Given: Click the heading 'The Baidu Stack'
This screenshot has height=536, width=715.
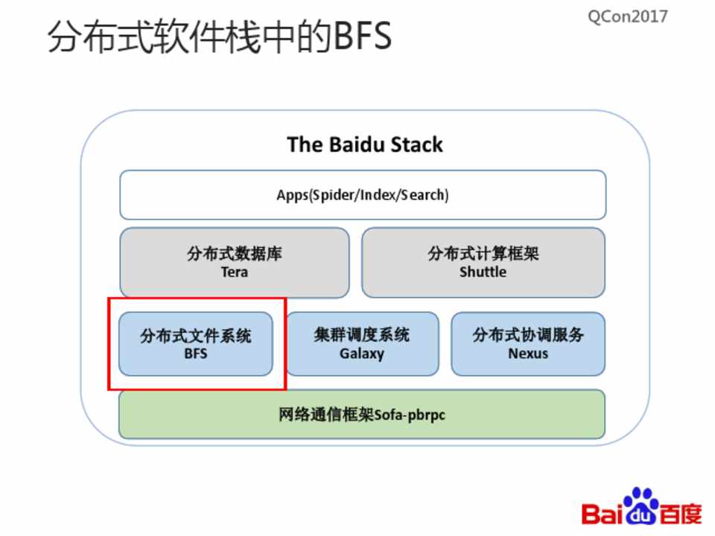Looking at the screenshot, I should (364, 144).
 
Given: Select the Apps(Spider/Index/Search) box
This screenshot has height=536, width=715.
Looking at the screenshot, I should (363, 195).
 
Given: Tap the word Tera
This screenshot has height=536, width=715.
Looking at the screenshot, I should (234, 272).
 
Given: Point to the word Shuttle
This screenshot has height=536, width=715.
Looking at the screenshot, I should (483, 272).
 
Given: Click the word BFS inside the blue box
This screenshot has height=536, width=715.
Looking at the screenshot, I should (196, 354).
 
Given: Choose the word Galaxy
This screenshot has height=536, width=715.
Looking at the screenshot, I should (362, 354).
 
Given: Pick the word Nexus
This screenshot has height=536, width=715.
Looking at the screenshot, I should (528, 354).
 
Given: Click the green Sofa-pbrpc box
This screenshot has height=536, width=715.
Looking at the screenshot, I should (362, 414).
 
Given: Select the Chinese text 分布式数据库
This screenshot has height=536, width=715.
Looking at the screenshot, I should (234, 254).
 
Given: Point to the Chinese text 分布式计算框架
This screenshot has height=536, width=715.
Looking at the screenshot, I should (483, 254).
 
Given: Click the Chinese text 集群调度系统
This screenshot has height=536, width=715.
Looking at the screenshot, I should (362, 335).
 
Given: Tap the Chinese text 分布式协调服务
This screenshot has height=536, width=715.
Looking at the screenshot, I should (528, 335).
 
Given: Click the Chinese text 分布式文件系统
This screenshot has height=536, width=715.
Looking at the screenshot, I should (196, 336).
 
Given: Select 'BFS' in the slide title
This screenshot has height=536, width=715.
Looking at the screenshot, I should (362, 37).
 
